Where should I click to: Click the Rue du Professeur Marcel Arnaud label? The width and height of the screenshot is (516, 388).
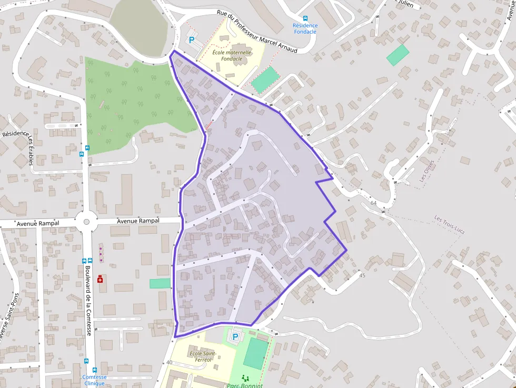[x=257, y=32]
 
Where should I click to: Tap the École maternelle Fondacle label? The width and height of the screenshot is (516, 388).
[x=232, y=56]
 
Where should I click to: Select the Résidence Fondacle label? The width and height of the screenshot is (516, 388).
[x=305, y=28]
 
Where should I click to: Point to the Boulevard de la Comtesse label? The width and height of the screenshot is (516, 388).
[x=88, y=299]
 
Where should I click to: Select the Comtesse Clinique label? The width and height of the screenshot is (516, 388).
[x=94, y=380]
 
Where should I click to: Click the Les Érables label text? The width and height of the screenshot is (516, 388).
[x=31, y=150]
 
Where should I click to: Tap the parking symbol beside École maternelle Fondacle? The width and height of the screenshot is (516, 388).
[x=192, y=39]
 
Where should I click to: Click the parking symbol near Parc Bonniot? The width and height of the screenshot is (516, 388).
[x=235, y=336]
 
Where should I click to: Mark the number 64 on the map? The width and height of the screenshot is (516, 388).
[x=374, y=203]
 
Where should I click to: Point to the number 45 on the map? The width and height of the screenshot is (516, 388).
[x=362, y=275]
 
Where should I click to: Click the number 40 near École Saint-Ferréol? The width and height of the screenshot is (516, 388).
[x=169, y=363]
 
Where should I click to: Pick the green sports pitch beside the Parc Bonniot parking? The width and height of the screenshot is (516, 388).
[x=255, y=354]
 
